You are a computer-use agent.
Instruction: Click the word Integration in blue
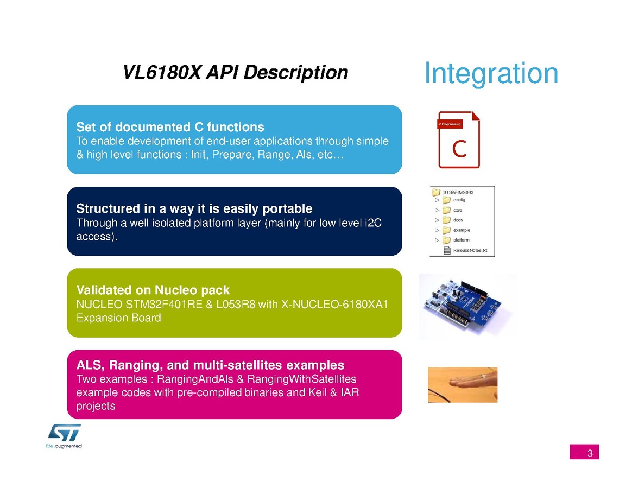click(491, 73)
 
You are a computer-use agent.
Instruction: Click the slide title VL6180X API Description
click(235, 73)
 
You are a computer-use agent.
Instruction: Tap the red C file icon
click(459, 140)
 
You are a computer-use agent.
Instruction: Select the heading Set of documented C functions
click(170, 127)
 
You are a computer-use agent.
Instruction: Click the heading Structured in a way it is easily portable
click(194, 208)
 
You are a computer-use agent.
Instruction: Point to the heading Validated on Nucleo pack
click(153, 290)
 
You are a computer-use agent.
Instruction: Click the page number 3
click(590, 453)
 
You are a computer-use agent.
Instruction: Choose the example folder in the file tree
click(456, 230)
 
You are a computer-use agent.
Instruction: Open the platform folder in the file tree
click(456, 240)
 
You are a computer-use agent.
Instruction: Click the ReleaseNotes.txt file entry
click(465, 250)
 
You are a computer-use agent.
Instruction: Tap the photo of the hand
click(463, 384)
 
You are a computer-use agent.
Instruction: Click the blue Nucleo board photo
click(467, 307)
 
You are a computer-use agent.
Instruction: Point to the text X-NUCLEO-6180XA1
click(334, 304)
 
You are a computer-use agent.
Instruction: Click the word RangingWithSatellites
click(301, 379)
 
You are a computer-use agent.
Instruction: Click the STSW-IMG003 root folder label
click(458, 192)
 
